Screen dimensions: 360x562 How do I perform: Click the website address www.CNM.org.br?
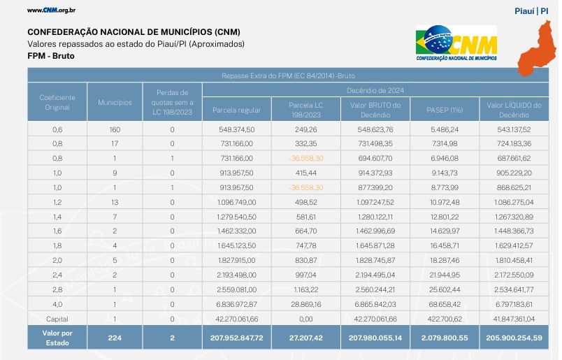point(51,10)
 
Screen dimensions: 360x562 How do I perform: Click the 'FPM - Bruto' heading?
point(50,55)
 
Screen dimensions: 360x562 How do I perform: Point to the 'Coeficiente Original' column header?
point(57,102)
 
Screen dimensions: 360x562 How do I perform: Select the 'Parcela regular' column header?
point(236,110)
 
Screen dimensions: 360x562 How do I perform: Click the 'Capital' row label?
point(57,318)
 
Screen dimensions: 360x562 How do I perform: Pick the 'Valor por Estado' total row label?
point(57,338)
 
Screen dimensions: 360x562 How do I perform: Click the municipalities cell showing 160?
point(115,129)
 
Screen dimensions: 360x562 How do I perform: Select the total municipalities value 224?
point(115,338)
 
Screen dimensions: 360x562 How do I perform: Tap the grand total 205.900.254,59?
point(516,338)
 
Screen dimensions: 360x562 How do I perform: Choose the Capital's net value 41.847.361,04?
point(516,318)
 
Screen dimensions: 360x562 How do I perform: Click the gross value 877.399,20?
point(375,187)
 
